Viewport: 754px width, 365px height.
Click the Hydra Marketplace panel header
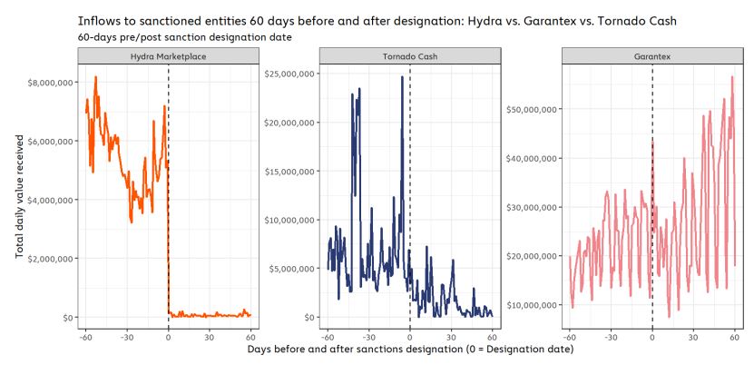(x=168, y=56)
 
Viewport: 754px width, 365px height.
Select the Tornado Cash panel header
(x=410, y=56)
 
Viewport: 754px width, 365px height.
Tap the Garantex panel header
(x=651, y=56)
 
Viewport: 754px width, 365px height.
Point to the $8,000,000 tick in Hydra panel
(x=52, y=82)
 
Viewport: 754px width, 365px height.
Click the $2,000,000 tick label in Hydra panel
(x=52, y=259)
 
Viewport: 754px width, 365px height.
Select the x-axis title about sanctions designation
(x=410, y=350)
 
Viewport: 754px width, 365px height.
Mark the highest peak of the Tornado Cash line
(x=402, y=77)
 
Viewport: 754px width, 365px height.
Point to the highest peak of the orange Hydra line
(x=95, y=77)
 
